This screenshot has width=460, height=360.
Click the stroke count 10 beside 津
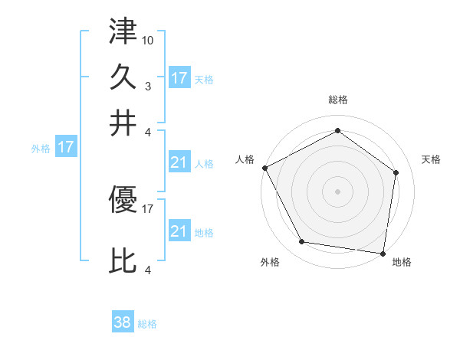(x=148, y=40)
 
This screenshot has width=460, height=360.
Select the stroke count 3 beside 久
(x=148, y=86)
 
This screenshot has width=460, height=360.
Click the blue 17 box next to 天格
(x=179, y=78)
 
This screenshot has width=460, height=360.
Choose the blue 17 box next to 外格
(x=65, y=147)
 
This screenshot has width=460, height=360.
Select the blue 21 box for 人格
(x=179, y=162)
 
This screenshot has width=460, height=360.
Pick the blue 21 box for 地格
(x=179, y=231)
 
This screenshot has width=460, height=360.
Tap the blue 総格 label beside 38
(x=147, y=324)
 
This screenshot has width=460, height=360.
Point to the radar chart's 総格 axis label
(x=337, y=100)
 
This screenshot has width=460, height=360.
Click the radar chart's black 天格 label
(x=432, y=159)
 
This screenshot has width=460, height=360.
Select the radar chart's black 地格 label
(x=402, y=262)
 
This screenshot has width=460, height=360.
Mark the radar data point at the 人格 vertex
(x=264, y=168)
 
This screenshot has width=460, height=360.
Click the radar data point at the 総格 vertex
(x=337, y=131)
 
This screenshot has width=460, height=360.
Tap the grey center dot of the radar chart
(x=337, y=191)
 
